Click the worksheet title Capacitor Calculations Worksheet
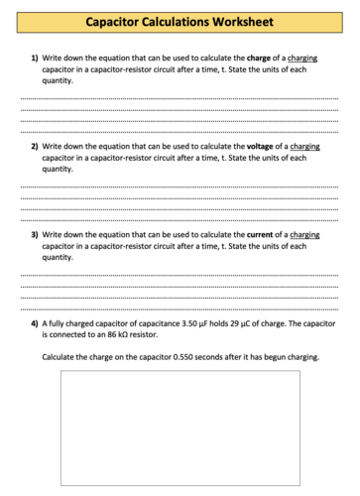pyautogui.click(x=180, y=21)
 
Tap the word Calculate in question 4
pyautogui.click(x=60, y=357)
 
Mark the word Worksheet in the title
pyautogui.click(x=242, y=21)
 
